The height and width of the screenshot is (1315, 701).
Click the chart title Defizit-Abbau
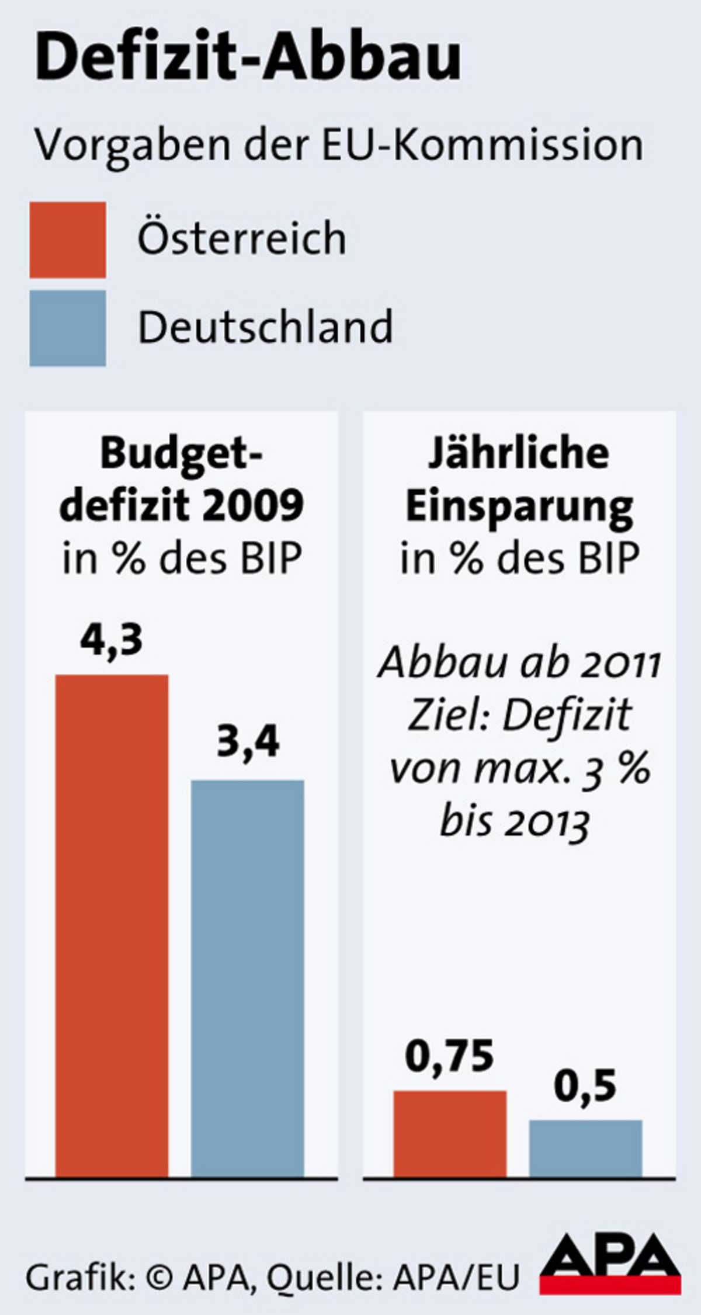[248, 57]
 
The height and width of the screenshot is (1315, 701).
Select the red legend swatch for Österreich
[68, 240]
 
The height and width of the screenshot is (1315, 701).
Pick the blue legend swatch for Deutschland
[68, 328]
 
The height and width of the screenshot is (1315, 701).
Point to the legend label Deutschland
[265, 327]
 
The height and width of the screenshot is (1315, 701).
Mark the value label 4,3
[112, 640]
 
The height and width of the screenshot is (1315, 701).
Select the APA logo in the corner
[610, 1271]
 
